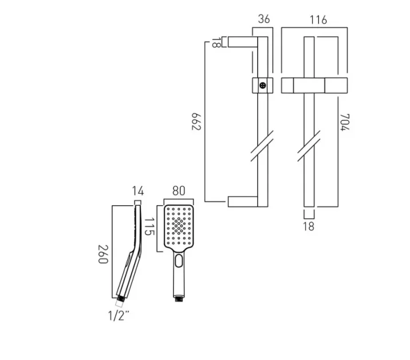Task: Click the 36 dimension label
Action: pyautogui.click(x=264, y=19)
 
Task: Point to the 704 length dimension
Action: pyautogui.click(x=344, y=121)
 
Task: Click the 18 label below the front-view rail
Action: pyautogui.click(x=308, y=226)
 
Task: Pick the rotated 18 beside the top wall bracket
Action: pyautogui.click(x=215, y=42)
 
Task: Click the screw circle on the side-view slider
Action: pyautogui.click(x=262, y=85)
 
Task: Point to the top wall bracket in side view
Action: pyautogui.click(x=245, y=42)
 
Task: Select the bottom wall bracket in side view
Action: pyautogui.click(x=244, y=201)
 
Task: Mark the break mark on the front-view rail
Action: pyautogui.click(x=309, y=147)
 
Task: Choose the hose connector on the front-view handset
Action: pyautogui.click(x=179, y=298)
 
